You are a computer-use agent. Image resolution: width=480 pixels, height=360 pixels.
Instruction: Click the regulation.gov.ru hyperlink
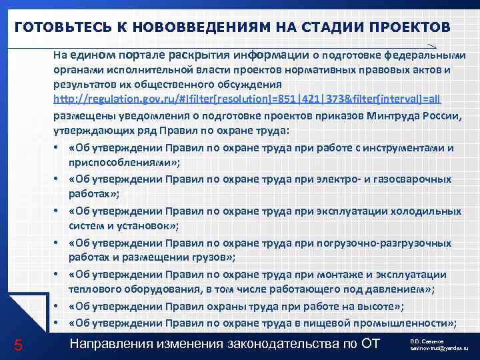(x=247, y=99)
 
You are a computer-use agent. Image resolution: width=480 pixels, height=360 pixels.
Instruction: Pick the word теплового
(x=93, y=289)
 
